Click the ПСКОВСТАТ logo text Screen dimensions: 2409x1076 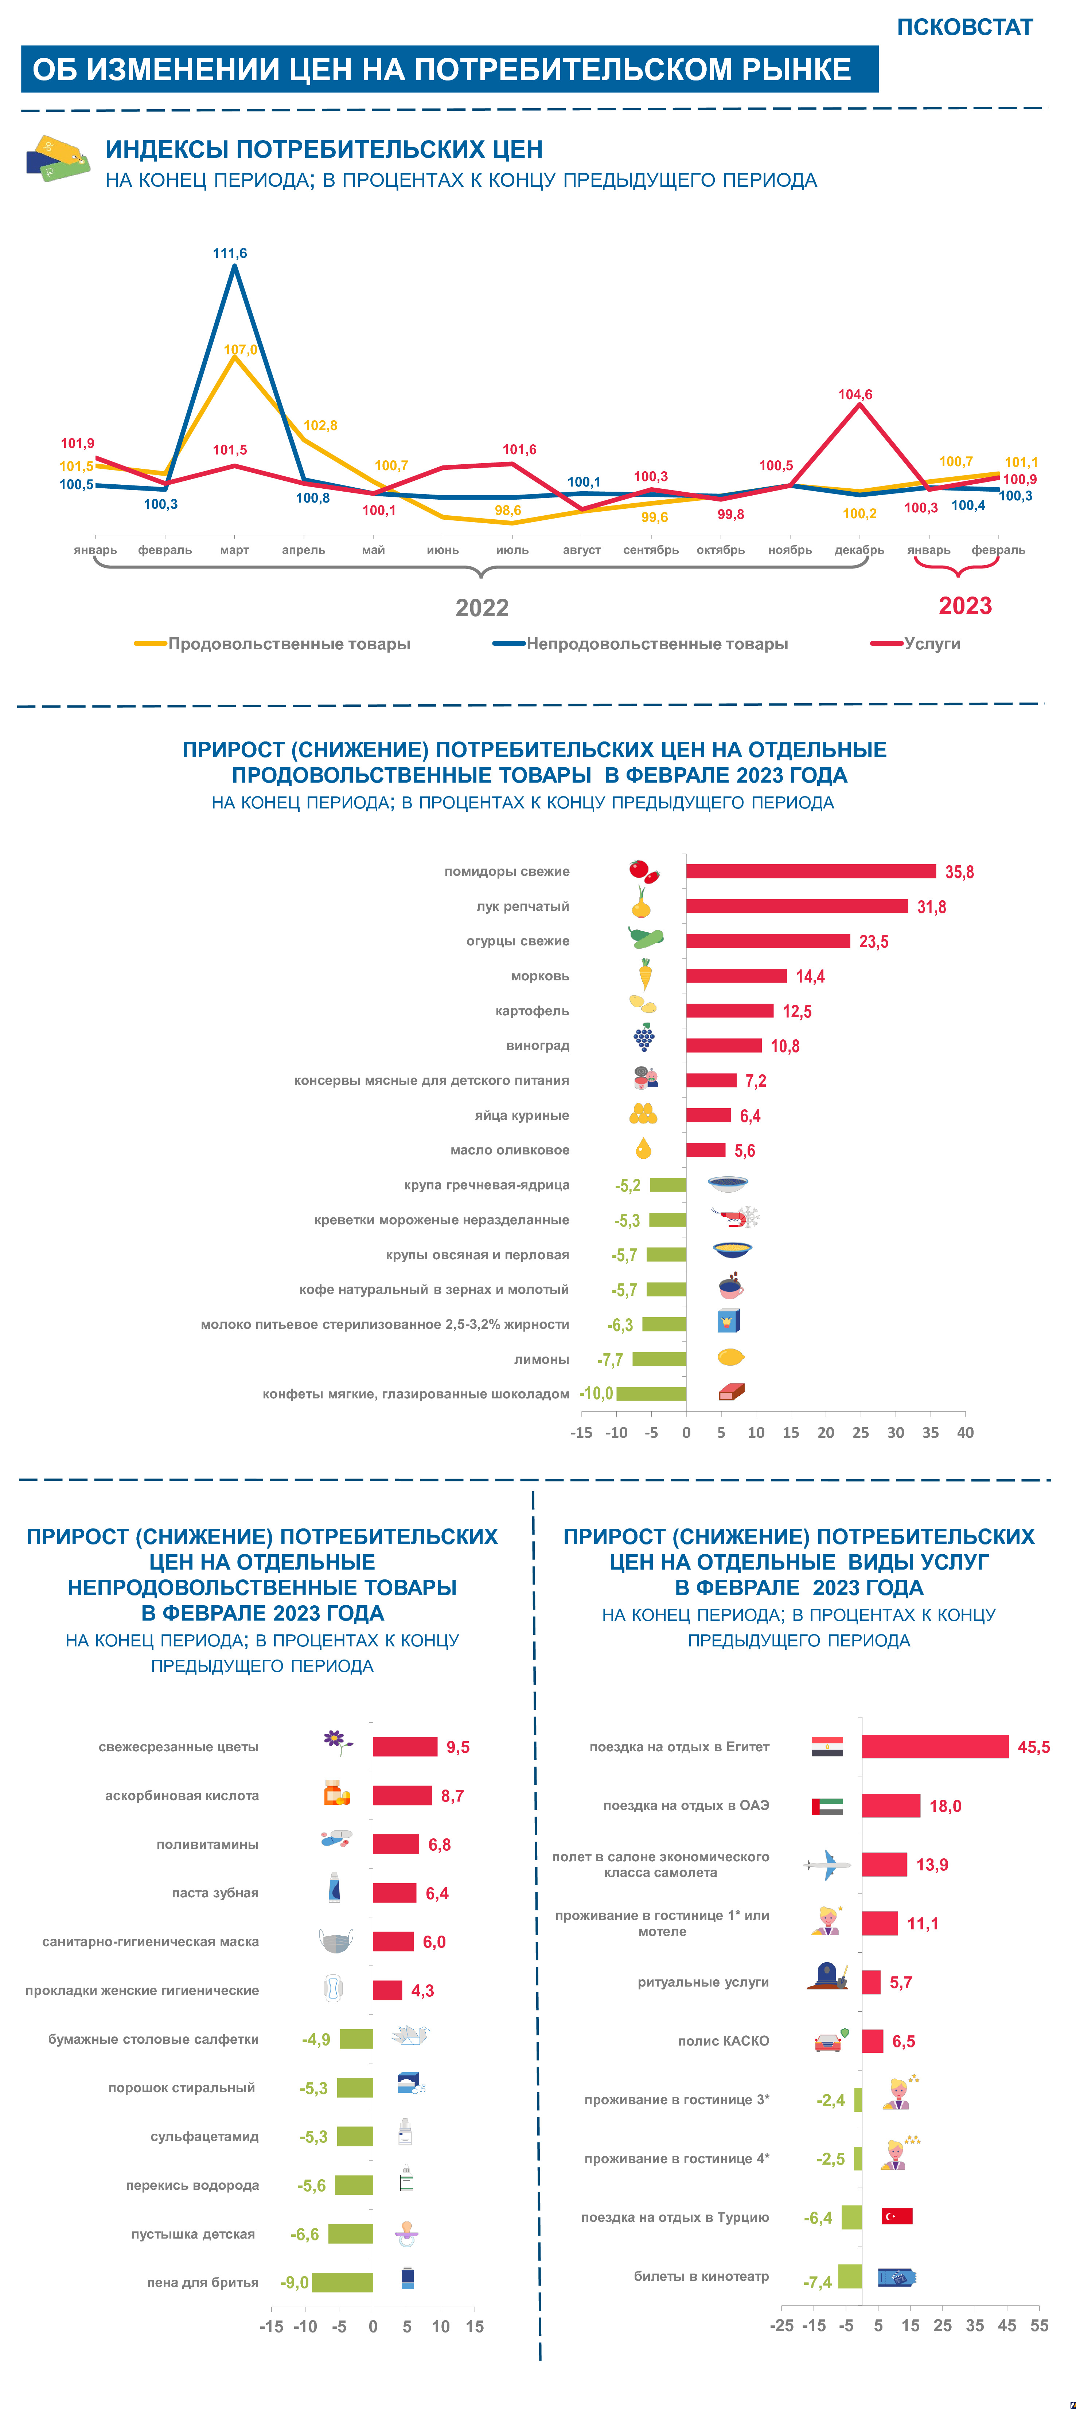[965, 27]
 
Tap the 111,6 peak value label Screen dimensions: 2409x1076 [230, 253]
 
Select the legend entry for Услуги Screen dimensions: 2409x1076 [932, 643]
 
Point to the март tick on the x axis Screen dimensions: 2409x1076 [234, 550]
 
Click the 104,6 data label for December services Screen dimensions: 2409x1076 [855, 395]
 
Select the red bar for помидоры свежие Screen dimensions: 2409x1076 [810, 871]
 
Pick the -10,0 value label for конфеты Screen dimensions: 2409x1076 [596, 1393]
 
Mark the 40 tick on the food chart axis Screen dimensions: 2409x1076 [965, 1433]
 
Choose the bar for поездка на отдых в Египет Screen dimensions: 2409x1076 [935, 1747]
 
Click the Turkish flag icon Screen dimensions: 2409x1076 [896, 2216]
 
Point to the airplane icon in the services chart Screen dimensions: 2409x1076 [827, 1865]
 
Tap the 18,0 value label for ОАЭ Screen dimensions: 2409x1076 [945, 1806]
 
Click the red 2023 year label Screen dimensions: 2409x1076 [965, 606]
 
